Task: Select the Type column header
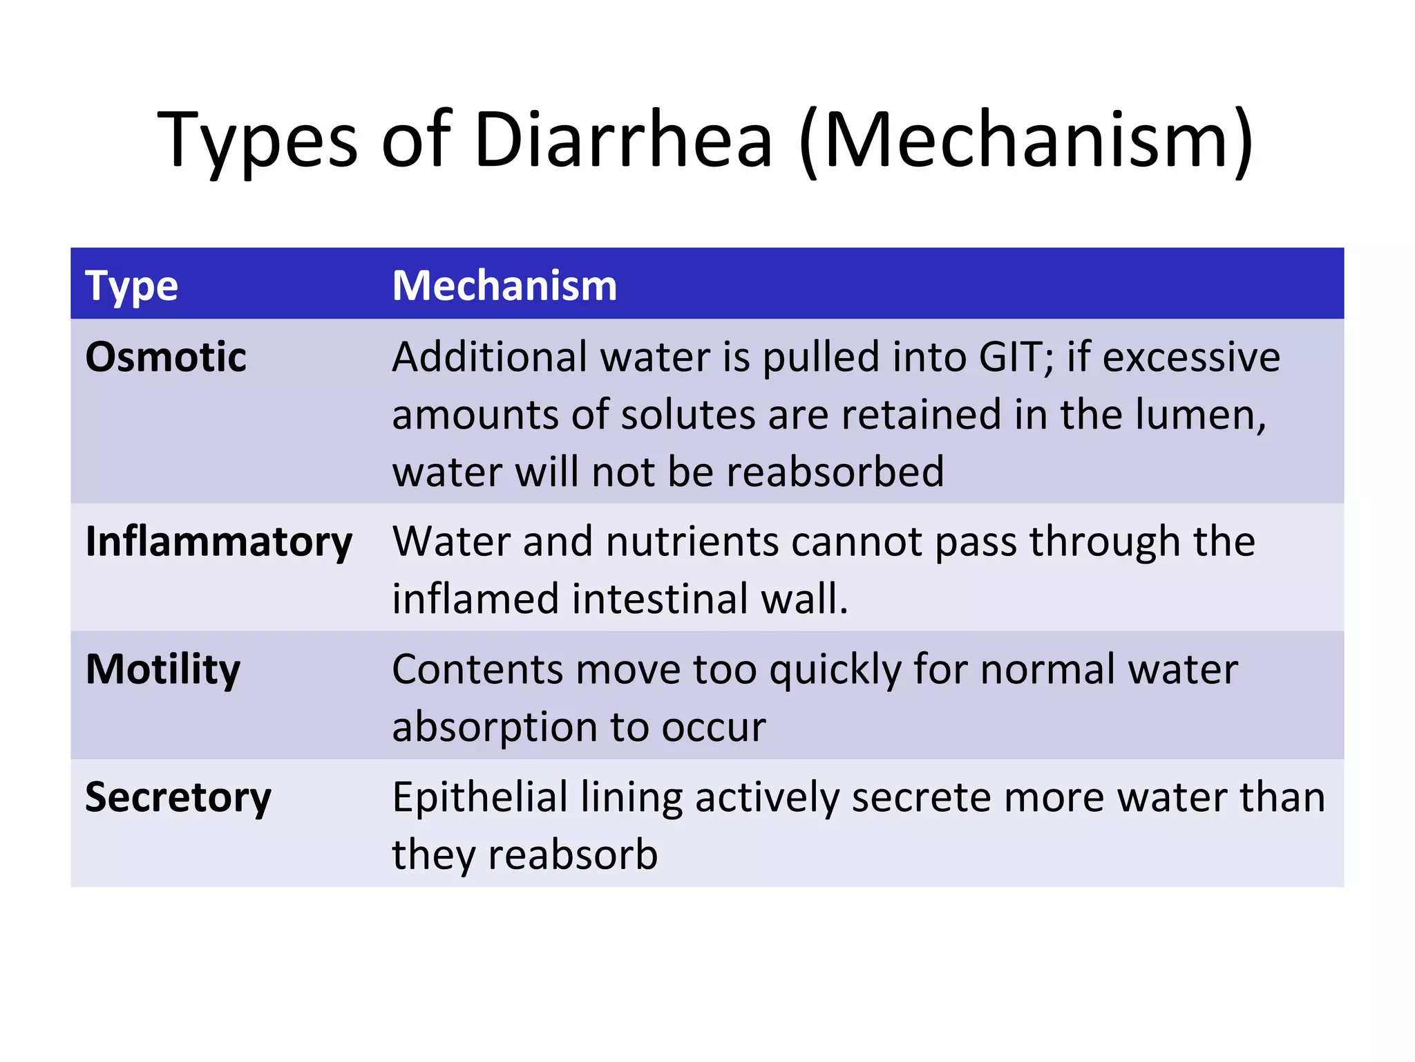click(x=131, y=286)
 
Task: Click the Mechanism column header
click(x=504, y=286)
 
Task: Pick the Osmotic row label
click(x=166, y=357)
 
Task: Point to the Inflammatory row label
click(x=218, y=541)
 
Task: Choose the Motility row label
click(x=163, y=669)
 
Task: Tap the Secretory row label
click(x=178, y=797)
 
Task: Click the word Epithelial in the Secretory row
click(x=479, y=797)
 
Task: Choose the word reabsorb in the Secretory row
click(x=573, y=855)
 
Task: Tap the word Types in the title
click(x=257, y=142)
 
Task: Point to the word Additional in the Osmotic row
click(x=489, y=357)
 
